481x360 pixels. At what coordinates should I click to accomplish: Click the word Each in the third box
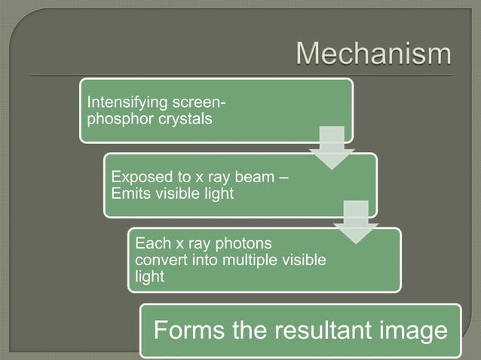(149, 244)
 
